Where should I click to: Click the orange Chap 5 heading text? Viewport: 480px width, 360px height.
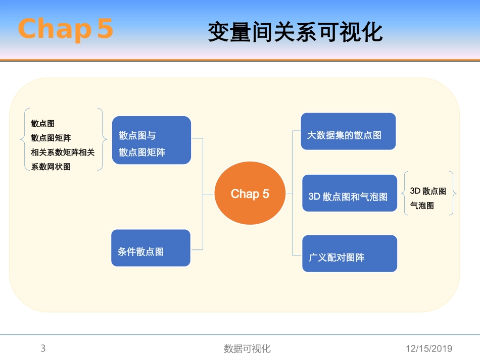[x=65, y=29]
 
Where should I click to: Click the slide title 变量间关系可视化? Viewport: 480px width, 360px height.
[x=295, y=32]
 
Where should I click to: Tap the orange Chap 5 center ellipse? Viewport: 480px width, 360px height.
[x=250, y=194]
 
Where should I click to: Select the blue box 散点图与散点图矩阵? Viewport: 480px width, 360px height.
[x=152, y=140]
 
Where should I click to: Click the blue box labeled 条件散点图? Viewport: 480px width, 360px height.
[x=151, y=248]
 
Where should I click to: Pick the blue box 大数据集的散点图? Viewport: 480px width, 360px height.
[x=348, y=132]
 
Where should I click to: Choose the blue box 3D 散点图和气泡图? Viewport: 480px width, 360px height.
[x=349, y=193]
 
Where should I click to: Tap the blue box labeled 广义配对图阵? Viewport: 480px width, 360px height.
[x=349, y=254]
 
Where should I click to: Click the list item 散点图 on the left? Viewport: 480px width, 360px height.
[x=42, y=124]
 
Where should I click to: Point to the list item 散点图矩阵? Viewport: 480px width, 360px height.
[x=51, y=138]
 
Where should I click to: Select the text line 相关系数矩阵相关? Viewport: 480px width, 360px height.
[x=63, y=152]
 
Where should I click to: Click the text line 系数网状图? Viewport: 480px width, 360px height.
[x=51, y=167]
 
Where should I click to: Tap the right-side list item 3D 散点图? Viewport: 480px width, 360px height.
[x=427, y=191]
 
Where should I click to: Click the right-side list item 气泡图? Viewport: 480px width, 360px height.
[x=422, y=206]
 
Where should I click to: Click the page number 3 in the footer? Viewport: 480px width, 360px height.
[x=43, y=348]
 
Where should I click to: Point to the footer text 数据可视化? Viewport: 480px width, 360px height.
[x=247, y=349]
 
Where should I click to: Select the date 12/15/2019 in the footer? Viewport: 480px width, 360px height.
[x=429, y=349]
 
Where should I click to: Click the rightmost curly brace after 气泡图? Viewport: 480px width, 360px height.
[x=452, y=193]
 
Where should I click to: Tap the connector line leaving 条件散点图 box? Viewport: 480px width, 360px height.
[x=197, y=249]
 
